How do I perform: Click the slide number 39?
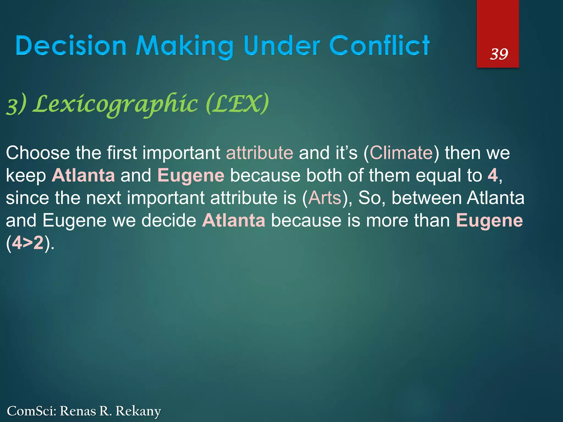(499, 54)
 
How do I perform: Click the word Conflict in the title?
(379, 46)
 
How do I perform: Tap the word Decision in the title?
(71, 46)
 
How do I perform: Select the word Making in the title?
(184, 47)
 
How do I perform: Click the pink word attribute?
(260, 153)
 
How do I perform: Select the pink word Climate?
(401, 153)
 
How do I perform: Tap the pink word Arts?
(324, 198)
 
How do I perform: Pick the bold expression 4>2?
(28, 243)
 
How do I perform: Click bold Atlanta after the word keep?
(83, 176)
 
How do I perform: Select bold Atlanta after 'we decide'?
(234, 220)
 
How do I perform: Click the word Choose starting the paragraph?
(38, 153)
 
